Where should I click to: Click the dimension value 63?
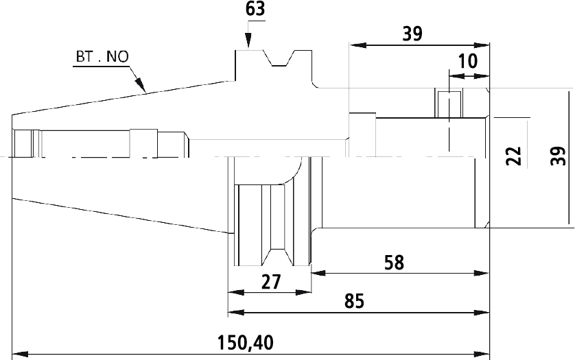(255, 9)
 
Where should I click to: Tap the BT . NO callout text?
(102, 57)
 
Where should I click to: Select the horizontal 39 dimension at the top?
(412, 34)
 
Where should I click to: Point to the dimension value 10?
(468, 61)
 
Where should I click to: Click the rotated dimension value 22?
(514, 156)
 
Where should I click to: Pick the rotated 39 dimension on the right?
(559, 156)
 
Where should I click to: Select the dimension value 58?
(395, 263)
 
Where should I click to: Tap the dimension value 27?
(271, 282)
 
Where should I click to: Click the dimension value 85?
(355, 301)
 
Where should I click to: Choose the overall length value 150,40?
(246, 343)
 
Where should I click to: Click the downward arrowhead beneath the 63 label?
(248, 40)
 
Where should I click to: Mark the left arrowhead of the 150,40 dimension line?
(20, 355)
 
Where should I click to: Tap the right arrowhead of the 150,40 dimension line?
(482, 355)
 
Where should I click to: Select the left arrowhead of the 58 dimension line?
(318, 273)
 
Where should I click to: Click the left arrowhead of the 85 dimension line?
(236, 312)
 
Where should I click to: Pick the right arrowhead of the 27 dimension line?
(303, 293)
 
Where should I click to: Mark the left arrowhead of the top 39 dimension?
(358, 45)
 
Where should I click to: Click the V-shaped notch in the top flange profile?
(279, 59)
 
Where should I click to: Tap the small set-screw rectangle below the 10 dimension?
(449, 104)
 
